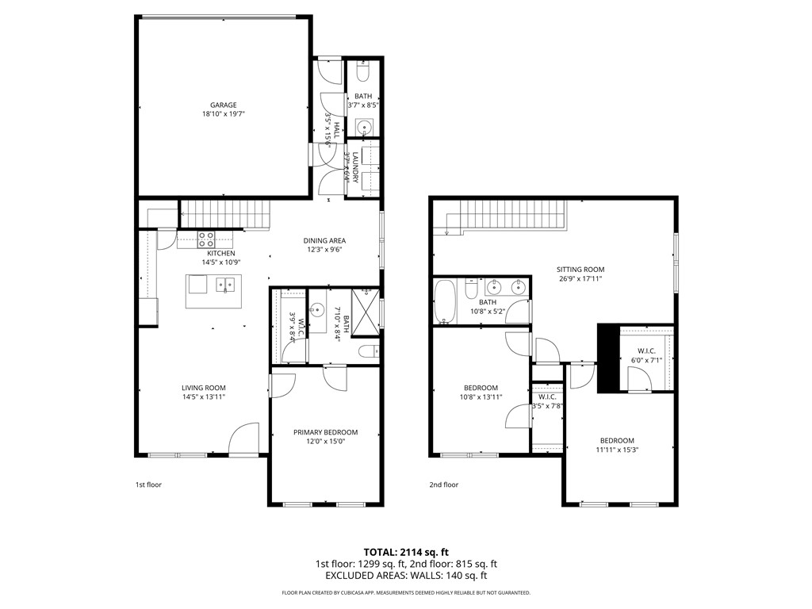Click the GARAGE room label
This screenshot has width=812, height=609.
pyautogui.click(x=223, y=105)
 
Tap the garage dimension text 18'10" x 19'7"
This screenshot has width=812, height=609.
pyautogui.click(x=223, y=114)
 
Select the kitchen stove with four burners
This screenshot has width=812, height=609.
pyautogui.click(x=206, y=239)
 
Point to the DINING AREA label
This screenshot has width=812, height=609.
pyautogui.click(x=324, y=241)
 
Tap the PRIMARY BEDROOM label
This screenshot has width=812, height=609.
pyautogui.click(x=325, y=432)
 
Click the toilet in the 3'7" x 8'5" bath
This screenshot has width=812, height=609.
pyautogui.click(x=363, y=74)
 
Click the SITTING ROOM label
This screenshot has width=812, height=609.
pyautogui.click(x=580, y=270)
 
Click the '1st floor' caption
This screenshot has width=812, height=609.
pyautogui.click(x=148, y=485)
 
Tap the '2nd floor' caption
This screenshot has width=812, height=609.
pyautogui.click(x=444, y=485)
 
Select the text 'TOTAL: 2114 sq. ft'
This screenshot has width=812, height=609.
pyautogui.click(x=406, y=552)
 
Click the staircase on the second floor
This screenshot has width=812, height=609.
pyautogui.click(x=507, y=214)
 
